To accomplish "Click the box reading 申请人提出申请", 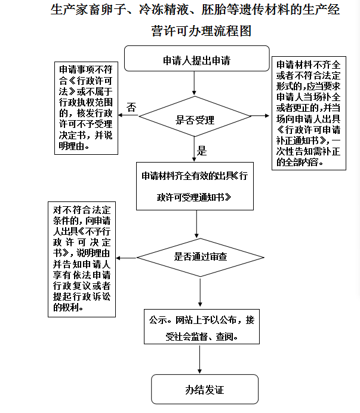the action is (x=197, y=59).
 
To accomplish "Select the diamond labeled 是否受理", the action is (x=195, y=117).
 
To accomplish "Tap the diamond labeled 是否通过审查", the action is (x=200, y=258).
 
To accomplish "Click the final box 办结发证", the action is (x=205, y=389).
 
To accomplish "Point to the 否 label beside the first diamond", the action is (x=131, y=107).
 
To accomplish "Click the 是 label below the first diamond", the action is (x=202, y=151).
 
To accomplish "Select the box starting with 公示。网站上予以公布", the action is (x=202, y=326).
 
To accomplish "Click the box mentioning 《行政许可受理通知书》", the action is (x=195, y=186).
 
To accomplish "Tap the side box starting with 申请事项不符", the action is (x=86, y=108).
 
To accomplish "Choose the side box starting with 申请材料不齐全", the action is (x=309, y=113).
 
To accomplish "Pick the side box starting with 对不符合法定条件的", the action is (x=82, y=259).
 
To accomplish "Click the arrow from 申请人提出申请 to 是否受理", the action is (x=194, y=83).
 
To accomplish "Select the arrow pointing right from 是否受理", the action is (x=260, y=115).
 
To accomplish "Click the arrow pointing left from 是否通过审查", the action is (x=127, y=258).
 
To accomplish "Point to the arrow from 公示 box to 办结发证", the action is (x=200, y=359).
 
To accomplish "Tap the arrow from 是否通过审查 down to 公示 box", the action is (x=200, y=292).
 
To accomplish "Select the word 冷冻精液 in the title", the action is (x=164, y=10).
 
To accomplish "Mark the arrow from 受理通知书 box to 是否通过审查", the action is (x=196, y=224).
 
